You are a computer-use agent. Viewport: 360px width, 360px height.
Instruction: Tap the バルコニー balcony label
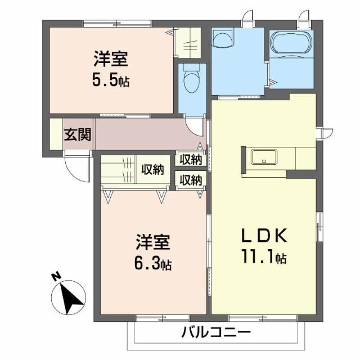215,332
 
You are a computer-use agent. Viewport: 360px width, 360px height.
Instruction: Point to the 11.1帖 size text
266,258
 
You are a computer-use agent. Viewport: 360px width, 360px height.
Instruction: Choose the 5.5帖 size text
111,80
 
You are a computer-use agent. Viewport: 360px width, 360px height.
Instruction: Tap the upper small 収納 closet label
191,160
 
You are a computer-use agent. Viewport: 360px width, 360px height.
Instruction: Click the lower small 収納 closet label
191,180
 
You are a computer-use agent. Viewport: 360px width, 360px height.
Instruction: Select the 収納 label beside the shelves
152,169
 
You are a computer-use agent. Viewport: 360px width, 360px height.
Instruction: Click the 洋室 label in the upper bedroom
110,59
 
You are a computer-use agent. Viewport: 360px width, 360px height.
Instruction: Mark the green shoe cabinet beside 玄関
55,134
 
